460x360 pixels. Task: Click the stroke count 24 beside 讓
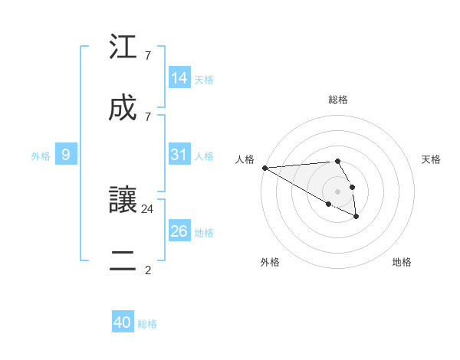148,208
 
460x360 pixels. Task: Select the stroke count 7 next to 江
148,56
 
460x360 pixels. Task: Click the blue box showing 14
179,77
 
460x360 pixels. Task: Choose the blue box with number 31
179,155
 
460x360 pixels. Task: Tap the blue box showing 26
179,231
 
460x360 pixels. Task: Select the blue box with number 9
66,155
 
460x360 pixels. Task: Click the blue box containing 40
123,322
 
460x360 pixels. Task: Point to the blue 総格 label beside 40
147,324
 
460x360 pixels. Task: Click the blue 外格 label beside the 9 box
41,156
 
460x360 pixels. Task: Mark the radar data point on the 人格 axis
264,168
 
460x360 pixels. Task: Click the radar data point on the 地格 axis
356,217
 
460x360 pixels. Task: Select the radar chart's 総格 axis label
338,100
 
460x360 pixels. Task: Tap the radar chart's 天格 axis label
431,159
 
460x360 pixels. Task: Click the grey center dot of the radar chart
338,191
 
